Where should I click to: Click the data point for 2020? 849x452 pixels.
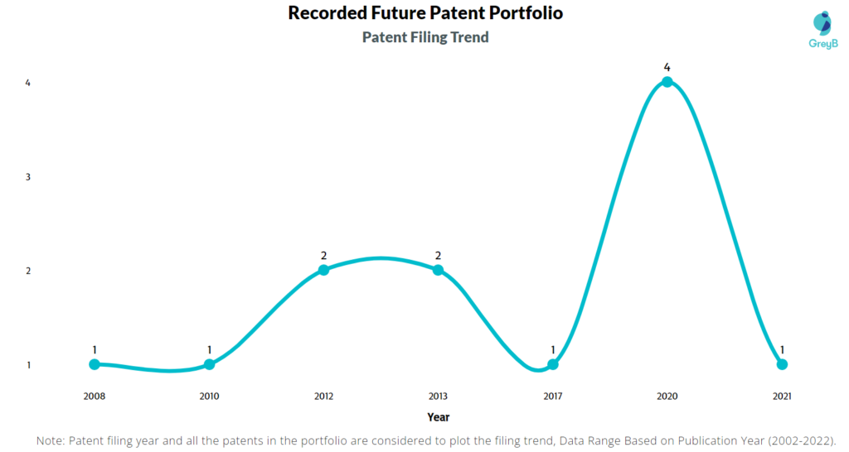[667, 82]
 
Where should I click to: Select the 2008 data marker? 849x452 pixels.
[95, 364]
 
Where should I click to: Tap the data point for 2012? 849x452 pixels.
[323, 270]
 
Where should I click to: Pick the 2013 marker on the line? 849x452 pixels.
[438, 270]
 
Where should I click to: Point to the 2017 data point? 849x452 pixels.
[553, 364]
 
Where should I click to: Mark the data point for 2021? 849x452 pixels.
[782, 364]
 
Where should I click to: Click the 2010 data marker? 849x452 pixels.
[209, 364]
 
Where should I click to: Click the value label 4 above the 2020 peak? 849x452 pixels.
[667, 68]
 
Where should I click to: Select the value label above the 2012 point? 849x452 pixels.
[324, 256]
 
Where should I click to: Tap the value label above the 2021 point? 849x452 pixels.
[782, 350]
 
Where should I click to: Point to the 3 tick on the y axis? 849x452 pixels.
[28, 177]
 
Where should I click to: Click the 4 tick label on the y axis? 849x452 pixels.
[28, 83]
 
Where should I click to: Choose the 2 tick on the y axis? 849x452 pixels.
[28, 271]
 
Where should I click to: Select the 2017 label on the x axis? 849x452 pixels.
[553, 397]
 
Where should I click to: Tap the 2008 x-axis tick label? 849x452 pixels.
[95, 397]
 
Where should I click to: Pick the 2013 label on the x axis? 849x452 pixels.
[438, 397]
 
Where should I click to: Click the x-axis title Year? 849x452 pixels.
[438, 417]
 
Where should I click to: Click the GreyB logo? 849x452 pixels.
[823, 30]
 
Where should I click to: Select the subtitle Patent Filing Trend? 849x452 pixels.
[425, 37]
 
